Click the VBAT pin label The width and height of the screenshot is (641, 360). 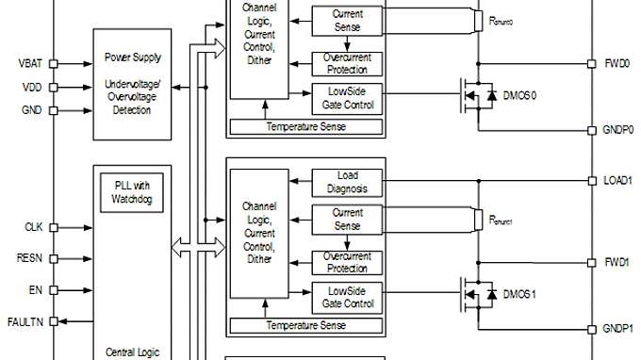tap(29, 64)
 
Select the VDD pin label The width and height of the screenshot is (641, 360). tap(30, 88)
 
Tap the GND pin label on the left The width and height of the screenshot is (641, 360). tap(30, 110)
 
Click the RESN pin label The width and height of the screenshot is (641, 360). tap(29, 256)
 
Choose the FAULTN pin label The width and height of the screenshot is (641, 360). tap(25, 320)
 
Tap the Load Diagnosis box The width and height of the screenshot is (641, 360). tap(347, 182)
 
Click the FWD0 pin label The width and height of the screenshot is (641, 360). tap(616, 64)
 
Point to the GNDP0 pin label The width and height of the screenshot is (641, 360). tap(619, 129)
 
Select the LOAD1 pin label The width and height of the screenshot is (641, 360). tap(618, 179)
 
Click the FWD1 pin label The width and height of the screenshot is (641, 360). tap(616, 261)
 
